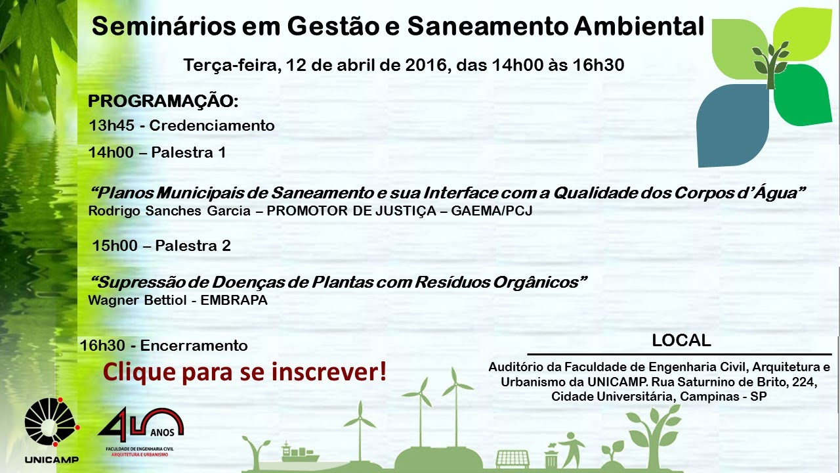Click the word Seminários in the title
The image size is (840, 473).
coord(164,26)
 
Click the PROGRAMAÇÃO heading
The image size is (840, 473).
coord(163,101)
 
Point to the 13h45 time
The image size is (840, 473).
coord(112,125)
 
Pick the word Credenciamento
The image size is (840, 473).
coord(212,125)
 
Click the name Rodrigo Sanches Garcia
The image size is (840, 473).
coord(169,211)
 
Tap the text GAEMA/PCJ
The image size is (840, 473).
coord(492,211)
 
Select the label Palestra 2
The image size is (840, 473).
coord(193,246)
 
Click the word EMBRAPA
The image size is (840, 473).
coord(234,300)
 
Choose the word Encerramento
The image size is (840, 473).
coord(194,346)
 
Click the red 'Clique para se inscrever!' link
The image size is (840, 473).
coord(245,372)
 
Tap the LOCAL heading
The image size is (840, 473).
coord(681,340)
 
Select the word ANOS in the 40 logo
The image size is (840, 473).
coord(162,432)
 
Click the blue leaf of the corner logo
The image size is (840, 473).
coord(733,125)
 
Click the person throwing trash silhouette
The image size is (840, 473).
coord(571,450)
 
